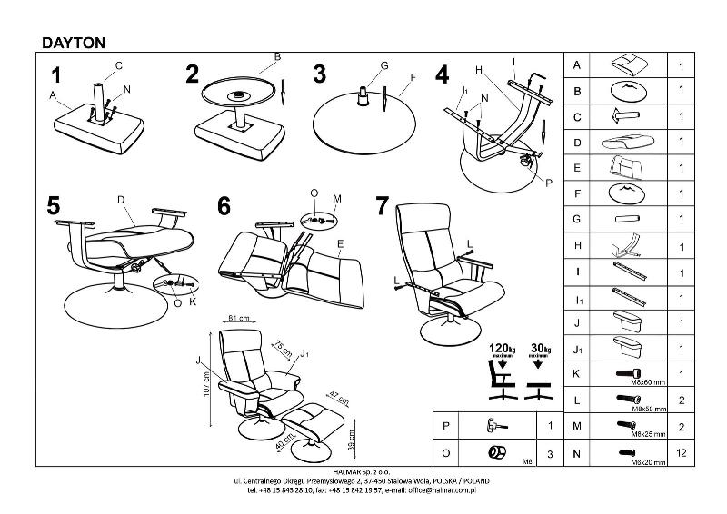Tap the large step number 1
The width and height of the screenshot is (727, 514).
click(x=58, y=74)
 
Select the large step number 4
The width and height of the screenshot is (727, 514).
click(x=443, y=74)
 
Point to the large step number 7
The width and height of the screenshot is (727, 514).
click(x=383, y=206)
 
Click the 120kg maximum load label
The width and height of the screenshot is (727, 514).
click(x=502, y=348)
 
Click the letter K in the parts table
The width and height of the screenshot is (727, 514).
click(x=577, y=373)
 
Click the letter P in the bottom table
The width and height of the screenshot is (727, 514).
click(x=444, y=425)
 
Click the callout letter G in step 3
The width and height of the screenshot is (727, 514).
click(x=384, y=65)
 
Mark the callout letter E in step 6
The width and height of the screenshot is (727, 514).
click(x=339, y=243)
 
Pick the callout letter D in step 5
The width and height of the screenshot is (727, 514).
click(x=120, y=198)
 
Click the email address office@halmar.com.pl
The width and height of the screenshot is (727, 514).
click(x=441, y=489)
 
